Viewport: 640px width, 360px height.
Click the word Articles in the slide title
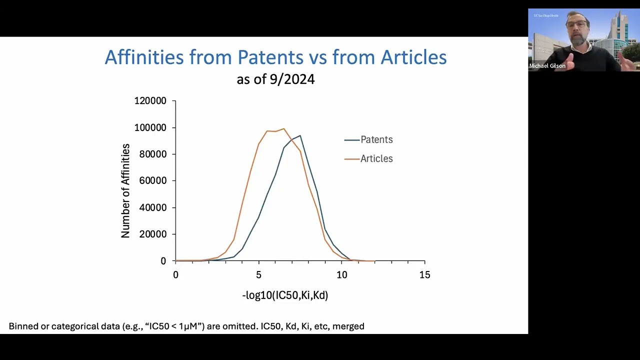pos(413,57)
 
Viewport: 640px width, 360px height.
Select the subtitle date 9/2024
pos(294,79)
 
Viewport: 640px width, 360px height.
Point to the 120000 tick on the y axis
pos(150,101)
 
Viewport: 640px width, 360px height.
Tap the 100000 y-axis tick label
pos(150,127)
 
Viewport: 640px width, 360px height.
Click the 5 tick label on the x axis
pos(258,275)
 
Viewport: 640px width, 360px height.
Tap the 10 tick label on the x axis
pos(341,275)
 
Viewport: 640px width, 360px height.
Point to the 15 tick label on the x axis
pos(424,275)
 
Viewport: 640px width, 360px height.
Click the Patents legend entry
pos(376,140)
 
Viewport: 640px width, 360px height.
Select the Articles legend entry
pos(376,159)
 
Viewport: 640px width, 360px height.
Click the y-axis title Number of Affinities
pos(125,190)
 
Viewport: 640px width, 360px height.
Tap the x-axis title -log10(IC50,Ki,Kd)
pos(285,295)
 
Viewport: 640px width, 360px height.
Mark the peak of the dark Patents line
pos(300,135)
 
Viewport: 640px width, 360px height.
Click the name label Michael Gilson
pos(547,66)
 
